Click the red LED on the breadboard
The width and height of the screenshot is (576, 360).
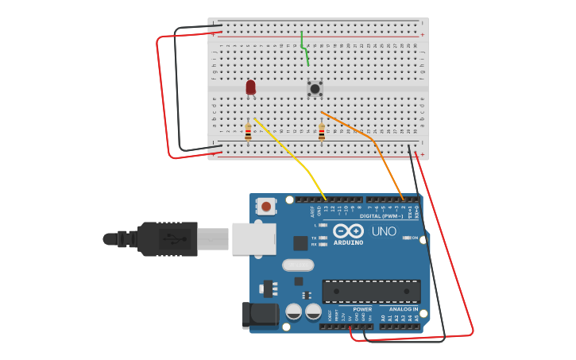point(251,86)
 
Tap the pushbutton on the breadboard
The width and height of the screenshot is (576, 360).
point(315,88)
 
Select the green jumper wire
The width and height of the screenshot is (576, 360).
point(304,49)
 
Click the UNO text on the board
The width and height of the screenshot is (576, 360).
point(385,231)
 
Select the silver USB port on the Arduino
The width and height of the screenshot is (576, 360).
point(253,238)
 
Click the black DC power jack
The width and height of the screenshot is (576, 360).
point(260,314)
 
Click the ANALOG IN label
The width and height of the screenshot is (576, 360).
point(403,309)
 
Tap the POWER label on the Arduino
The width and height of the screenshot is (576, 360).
point(362,309)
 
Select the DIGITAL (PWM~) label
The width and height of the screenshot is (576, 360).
point(381,215)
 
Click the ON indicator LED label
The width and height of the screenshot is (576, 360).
point(415,238)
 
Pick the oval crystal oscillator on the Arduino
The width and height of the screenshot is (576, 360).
point(299,265)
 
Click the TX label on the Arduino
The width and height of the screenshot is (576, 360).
point(314,238)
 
